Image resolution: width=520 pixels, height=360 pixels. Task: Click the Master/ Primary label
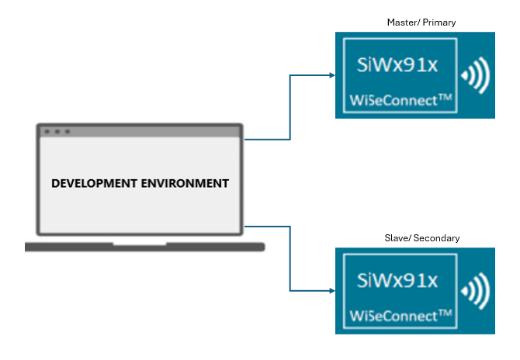click(421, 22)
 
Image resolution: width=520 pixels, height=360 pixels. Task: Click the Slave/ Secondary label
click(421, 238)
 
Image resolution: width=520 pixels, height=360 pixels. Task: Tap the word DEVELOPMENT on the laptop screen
click(96, 184)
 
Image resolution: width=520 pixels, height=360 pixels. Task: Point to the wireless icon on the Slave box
click(474, 291)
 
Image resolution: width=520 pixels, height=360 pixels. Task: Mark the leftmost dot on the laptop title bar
click(47, 131)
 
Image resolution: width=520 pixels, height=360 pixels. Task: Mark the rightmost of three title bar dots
click(68, 131)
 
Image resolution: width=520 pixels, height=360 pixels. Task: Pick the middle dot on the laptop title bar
click(57, 131)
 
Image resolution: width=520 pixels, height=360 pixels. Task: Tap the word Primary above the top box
click(439, 22)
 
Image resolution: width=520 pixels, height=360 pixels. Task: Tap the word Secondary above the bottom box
click(437, 238)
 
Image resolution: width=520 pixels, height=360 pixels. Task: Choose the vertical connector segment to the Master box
click(290, 107)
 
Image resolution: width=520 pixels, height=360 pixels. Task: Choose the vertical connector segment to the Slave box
click(290, 258)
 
